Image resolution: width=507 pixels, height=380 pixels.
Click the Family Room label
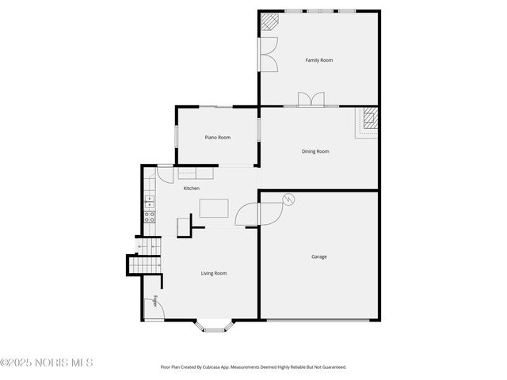[x=318, y=60]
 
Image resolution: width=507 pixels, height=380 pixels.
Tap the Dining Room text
[x=315, y=151]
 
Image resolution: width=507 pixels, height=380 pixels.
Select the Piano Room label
[x=218, y=138]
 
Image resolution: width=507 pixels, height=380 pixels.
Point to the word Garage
[x=318, y=256]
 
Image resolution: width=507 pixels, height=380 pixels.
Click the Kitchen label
[x=192, y=188]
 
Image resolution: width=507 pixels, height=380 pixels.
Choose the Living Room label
[x=214, y=273]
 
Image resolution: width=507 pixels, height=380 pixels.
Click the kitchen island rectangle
[x=214, y=208]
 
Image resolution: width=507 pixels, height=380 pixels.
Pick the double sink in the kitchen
[x=149, y=201]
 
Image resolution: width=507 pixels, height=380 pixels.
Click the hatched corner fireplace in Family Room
[x=270, y=23]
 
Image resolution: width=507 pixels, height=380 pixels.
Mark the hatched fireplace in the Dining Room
[x=371, y=120]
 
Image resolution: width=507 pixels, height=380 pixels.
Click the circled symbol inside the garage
[x=288, y=199]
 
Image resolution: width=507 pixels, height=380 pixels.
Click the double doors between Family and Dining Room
[x=311, y=100]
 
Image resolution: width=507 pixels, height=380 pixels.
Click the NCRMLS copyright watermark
[x=47, y=363]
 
